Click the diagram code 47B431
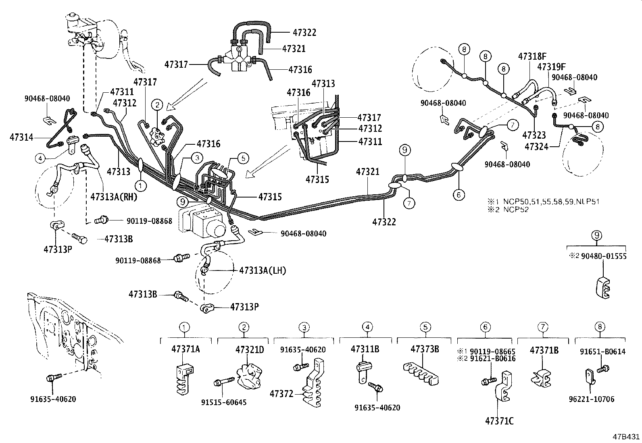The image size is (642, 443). [626, 437]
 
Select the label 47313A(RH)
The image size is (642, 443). [114, 197]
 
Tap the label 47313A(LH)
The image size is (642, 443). [262, 270]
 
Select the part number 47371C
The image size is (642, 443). [499, 422]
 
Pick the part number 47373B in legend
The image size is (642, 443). [425, 349]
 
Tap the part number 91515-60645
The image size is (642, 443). [223, 402]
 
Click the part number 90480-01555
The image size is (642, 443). [604, 256]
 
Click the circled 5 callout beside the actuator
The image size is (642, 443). [244, 158]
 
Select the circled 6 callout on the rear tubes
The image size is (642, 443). [459, 195]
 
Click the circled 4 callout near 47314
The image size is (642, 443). [40, 159]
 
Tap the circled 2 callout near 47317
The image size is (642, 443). [157, 106]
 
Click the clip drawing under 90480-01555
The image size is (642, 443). [604, 287]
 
